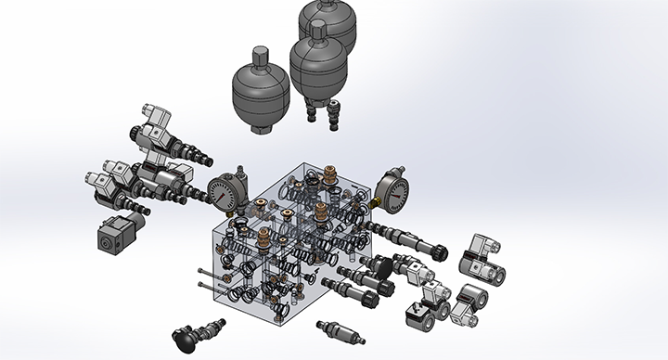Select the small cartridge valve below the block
[336, 330]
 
